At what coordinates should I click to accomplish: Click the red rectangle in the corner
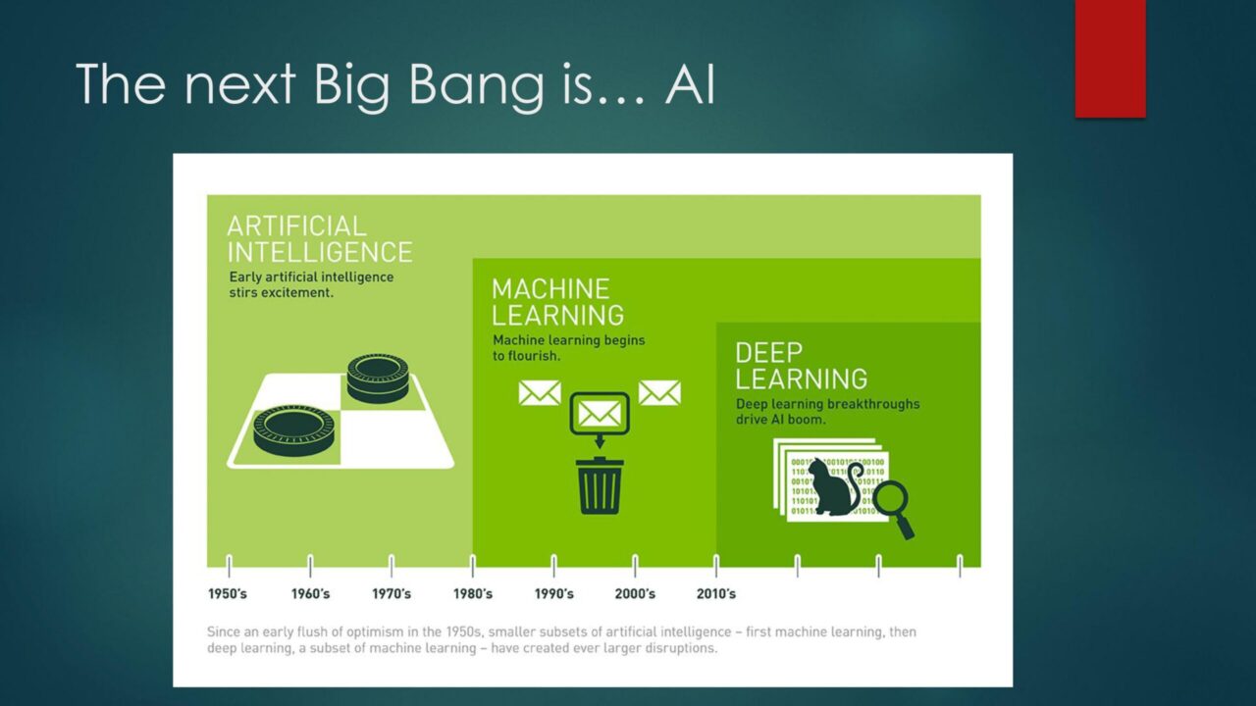(x=1110, y=58)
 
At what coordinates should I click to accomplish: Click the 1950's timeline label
(x=228, y=593)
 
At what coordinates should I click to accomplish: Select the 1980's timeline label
(x=473, y=593)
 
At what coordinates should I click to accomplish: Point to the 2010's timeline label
(x=716, y=593)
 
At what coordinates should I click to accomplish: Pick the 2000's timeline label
(x=635, y=593)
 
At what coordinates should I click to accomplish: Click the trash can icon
(x=600, y=485)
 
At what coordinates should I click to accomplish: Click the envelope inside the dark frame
(x=600, y=414)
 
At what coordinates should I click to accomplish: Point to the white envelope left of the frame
(x=540, y=392)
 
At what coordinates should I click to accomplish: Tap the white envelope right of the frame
(x=659, y=392)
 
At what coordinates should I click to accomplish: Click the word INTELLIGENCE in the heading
(x=320, y=252)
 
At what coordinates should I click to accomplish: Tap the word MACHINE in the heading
(x=550, y=289)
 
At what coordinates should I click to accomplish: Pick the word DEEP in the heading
(x=768, y=353)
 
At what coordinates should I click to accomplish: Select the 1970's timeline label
(x=392, y=593)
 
